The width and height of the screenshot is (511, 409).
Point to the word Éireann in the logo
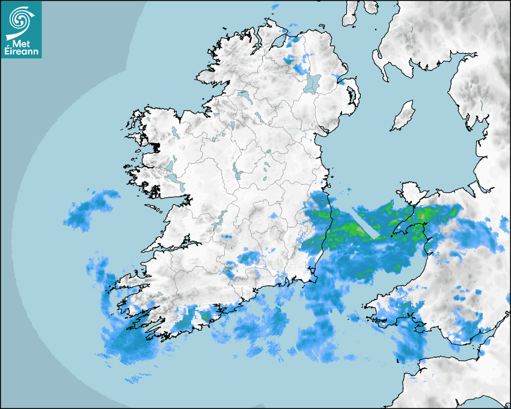coord(22,52)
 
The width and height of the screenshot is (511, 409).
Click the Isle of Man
coord(403,116)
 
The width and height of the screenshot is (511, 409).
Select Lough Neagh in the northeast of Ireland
coord(313,82)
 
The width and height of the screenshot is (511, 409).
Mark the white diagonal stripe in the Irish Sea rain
coord(367,223)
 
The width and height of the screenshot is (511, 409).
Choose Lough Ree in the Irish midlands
coord(237,173)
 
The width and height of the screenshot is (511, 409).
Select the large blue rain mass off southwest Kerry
coord(129,343)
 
